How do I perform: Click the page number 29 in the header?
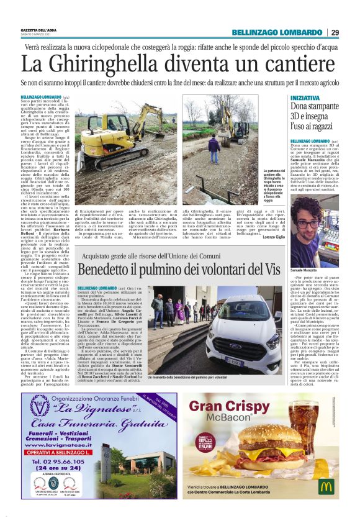335,32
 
